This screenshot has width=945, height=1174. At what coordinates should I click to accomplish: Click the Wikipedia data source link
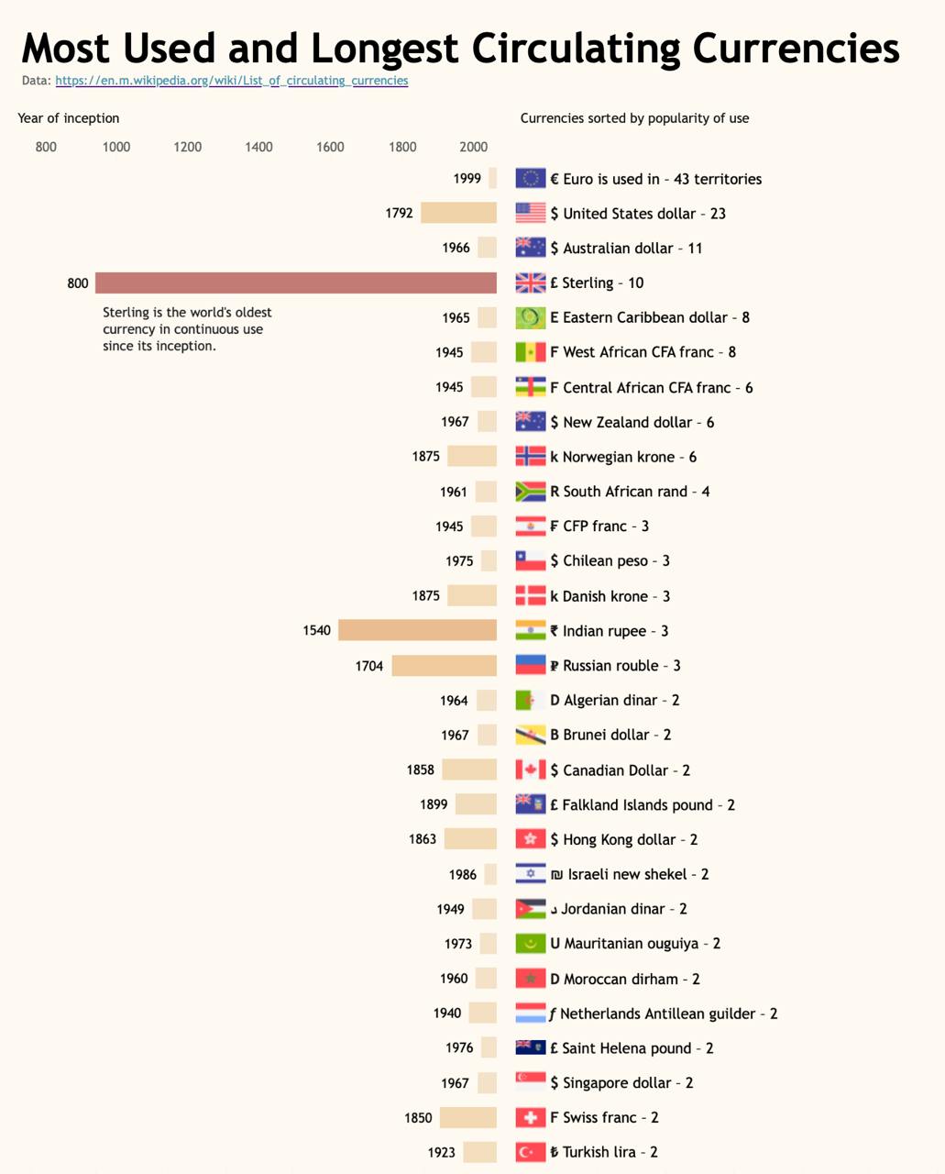point(231,81)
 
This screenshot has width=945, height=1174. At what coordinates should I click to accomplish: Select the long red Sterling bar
point(295,282)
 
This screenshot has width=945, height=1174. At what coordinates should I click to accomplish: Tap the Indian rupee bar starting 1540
point(417,630)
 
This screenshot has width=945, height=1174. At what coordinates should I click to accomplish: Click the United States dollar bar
point(458,213)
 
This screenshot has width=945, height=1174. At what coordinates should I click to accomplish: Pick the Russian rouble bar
point(444,665)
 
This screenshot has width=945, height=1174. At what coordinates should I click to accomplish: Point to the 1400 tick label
point(258,147)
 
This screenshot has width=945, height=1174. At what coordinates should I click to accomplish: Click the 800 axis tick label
point(46,147)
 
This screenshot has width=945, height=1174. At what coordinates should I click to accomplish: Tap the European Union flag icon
point(530,178)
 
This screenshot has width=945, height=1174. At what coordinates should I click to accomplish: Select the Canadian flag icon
point(530,770)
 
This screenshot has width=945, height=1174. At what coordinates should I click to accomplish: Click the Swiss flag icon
point(530,1117)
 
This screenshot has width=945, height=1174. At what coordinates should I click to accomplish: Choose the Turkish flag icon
point(530,1152)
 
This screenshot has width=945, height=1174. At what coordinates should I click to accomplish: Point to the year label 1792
point(399,213)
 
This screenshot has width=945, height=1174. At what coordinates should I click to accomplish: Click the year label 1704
point(368,666)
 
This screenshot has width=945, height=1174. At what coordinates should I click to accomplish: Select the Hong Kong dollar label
point(623,839)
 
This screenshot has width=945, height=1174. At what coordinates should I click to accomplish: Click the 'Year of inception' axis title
point(69,118)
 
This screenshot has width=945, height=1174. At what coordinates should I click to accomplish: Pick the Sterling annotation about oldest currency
point(187,328)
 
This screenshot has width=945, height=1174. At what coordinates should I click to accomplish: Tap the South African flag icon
point(530,492)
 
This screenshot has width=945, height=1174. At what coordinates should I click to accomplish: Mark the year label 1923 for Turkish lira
point(441,1152)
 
